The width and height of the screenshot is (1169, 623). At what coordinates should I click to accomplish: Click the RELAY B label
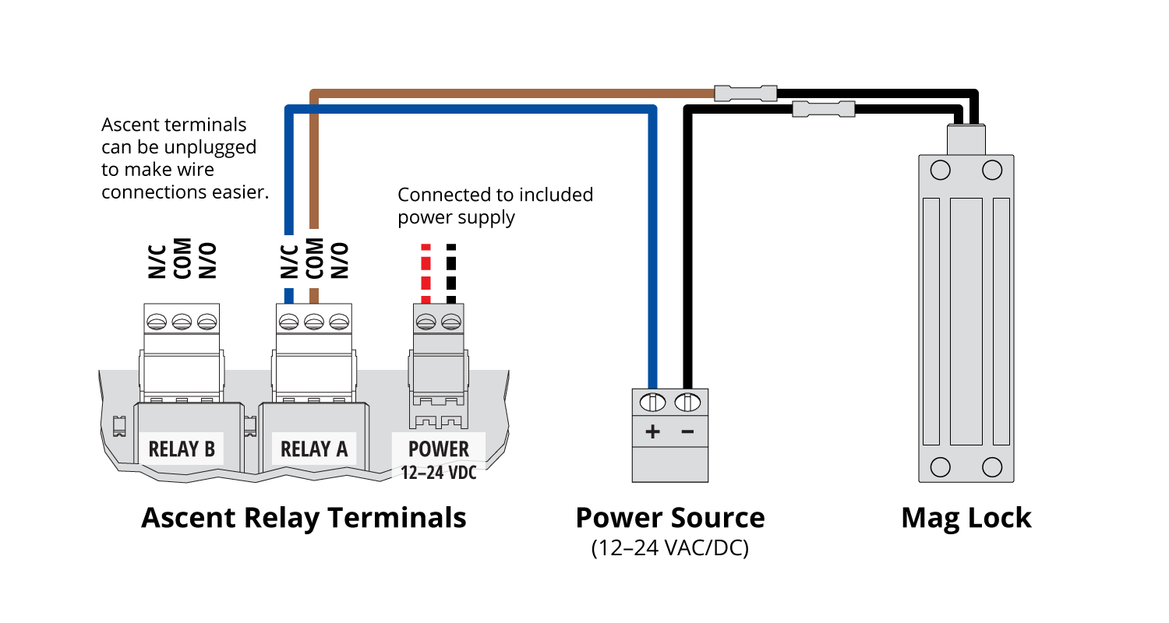pos(182,449)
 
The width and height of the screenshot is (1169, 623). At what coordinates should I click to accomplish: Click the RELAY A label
pos(314,449)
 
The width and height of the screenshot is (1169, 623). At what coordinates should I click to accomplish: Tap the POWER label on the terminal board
pos(438,449)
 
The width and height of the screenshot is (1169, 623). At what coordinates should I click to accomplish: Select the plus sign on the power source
pos(652,431)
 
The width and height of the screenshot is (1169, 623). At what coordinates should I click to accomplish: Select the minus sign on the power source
pos(688,431)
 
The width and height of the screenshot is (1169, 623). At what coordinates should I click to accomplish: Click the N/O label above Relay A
pos(340,260)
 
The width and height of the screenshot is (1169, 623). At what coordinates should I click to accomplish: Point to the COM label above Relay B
pos(182,259)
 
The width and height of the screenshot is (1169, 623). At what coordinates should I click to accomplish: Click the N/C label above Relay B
pos(157,262)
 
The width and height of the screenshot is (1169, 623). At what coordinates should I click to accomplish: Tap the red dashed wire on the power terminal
pos(426,273)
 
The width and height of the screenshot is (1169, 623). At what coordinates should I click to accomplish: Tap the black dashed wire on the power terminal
pos(451,273)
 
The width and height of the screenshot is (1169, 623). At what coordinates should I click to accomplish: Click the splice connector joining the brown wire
pos(746,93)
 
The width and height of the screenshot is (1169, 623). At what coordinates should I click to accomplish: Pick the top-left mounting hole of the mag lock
pos(941,170)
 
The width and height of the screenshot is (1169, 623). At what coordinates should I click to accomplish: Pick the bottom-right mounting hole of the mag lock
pos(992,467)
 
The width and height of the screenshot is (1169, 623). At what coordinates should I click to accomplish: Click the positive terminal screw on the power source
pos(652,403)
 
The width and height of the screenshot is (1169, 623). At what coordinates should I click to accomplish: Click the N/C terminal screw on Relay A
pos(288,322)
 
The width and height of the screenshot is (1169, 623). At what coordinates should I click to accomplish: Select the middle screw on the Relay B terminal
pos(182,322)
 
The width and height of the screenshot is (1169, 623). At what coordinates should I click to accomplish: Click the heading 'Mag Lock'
pos(966,518)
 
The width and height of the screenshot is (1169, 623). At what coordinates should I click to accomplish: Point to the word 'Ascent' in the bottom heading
pos(189,518)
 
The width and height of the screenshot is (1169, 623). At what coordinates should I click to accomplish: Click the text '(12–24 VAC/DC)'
pos(670,548)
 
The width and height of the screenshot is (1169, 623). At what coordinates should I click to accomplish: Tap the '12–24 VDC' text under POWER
pos(438,473)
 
